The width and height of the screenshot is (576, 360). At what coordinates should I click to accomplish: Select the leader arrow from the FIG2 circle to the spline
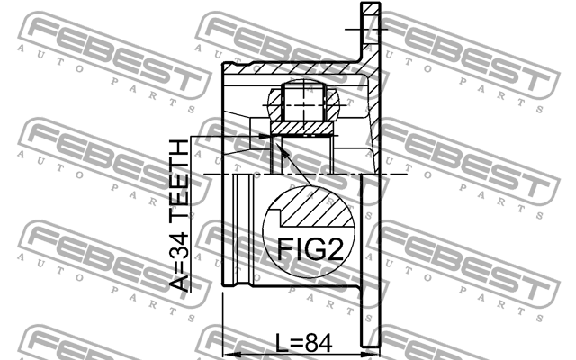pos(292,166)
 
